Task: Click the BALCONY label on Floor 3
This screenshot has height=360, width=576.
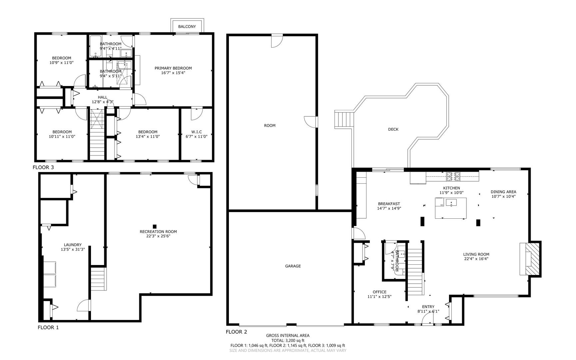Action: [x=187, y=26]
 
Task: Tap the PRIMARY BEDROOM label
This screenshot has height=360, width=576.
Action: [x=173, y=68]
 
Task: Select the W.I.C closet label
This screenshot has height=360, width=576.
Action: [x=196, y=132]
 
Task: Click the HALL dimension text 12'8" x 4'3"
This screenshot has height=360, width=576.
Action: [x=103, y=102]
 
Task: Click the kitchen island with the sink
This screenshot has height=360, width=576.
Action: [x=450, y=208]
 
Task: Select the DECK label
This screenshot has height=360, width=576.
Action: [x=393, y=129]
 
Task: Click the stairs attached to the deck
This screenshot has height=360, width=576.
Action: [x=343, y=120]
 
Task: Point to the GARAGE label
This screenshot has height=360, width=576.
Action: [x=293, y=266]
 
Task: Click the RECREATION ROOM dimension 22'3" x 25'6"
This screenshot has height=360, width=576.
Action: [x=158, y=236]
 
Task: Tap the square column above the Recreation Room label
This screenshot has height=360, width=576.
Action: [x=155, y=227]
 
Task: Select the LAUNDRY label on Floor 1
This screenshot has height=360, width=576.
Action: [x=73, y=245]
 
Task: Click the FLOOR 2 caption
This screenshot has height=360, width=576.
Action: [x=236, y=332]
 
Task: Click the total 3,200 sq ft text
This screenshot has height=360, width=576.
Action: [x=288, y=341]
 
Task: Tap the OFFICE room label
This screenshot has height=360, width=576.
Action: [x=379, y=292]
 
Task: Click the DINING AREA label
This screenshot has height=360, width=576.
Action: [x=503, y=192]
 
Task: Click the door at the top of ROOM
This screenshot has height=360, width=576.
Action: [x=277, y=41]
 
